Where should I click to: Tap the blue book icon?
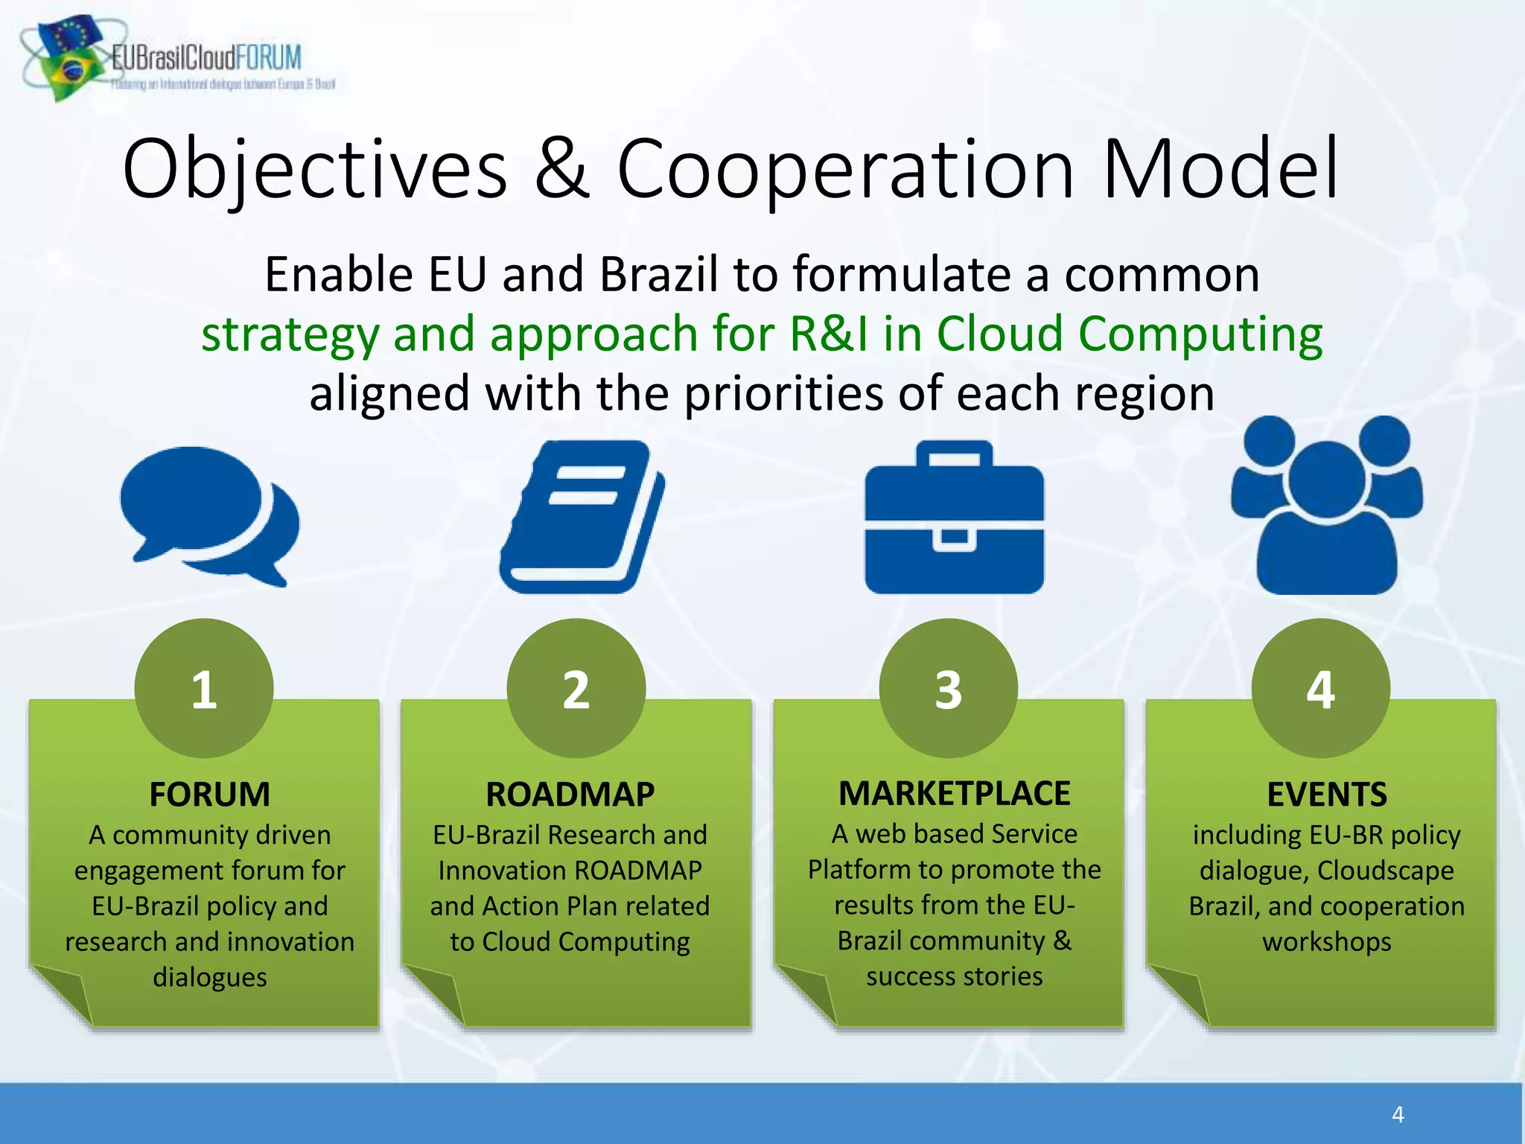coord(582,517)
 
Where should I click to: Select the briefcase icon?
coord(954,518)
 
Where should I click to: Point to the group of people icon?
coord(1326,506)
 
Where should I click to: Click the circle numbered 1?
coord(204,688)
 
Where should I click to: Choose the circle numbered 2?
coord(576,688)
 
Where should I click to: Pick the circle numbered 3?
coord(949,688)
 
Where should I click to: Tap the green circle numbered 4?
coord(1321,688)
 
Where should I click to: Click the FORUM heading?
coord(209,794)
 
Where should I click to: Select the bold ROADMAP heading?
coord(570,794)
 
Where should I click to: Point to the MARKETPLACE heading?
coord(954,793)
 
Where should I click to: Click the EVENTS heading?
coord(1327,794)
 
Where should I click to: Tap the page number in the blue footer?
coord(1398,1114)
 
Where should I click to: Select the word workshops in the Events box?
coord(1326,941)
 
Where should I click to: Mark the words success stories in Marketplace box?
coord(954,976)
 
